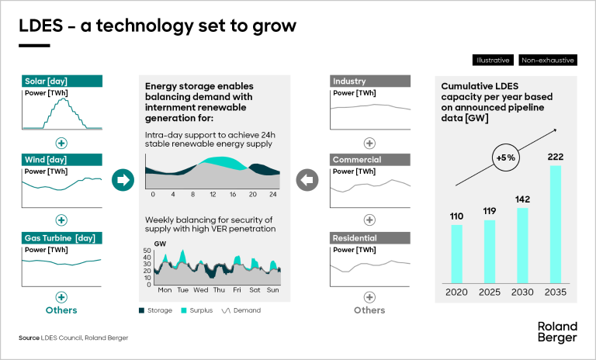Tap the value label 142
(x=522, y=199)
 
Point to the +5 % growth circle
(x=504, y=157)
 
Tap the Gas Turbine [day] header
(x=61, y=237)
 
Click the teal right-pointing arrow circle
(x=123, y=181)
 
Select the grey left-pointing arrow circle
(x=308, y=181)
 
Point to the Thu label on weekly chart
(x=219, y=290)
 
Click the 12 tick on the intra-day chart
(x=211, y=194)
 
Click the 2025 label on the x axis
(x=490, y=292)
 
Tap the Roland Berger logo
(x=557, y=332)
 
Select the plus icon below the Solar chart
(x=61, y=143)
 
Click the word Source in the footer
(x=30, y=338)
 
